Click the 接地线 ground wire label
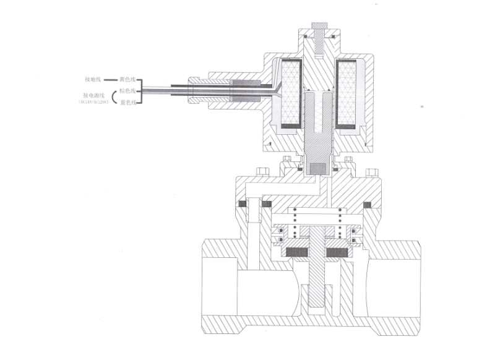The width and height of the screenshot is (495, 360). click(x=92, y=80)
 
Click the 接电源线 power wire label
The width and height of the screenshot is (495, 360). click(x=93, y=95)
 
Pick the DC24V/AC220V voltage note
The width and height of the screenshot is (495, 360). click(x=93, y=102)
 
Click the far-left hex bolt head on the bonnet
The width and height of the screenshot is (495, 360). click(x=262, y=171)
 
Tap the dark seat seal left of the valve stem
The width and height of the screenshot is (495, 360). click(x=299, y=252)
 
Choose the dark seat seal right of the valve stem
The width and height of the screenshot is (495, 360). click(x=339, y=252)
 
